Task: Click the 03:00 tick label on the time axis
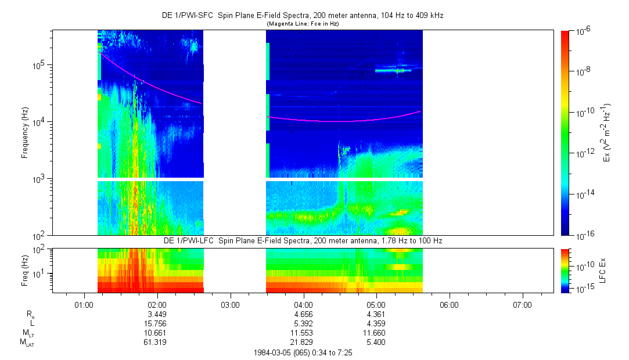[x=231, y=304]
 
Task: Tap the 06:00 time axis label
[x=450, y=304]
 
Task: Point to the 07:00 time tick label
[x=523, y=304]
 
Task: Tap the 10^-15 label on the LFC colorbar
[x=583, y=289]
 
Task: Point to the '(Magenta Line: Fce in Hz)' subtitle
[x=303, y=24]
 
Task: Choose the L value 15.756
[x=156, y=323]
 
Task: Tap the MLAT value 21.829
[x=303, y=343]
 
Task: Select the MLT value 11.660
[x=376, y=333]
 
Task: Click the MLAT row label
[x=26, y=343]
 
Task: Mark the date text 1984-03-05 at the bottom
[x=275, y=352]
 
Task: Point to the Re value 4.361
[x=376, y=314]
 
